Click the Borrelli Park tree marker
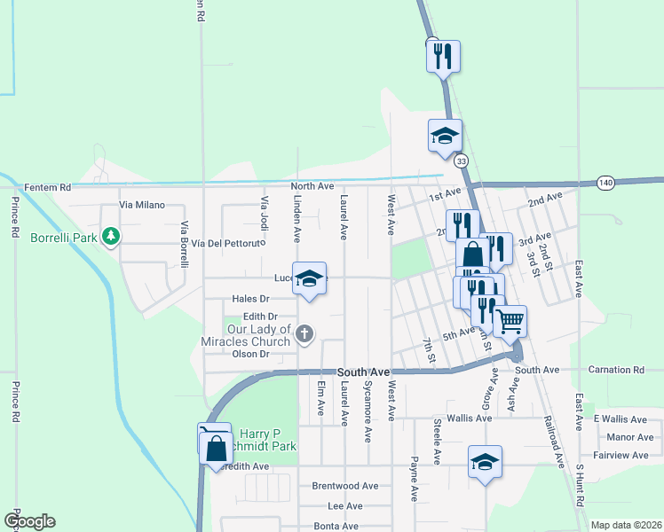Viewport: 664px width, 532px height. pos(110,237)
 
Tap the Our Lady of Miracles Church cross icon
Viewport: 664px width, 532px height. pos(304,334)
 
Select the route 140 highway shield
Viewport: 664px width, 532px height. pos(605,181)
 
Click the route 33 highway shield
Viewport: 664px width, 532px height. pos(461,161)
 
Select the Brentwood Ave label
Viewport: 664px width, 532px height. pos(345,486)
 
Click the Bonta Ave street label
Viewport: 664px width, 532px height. pos(336,526)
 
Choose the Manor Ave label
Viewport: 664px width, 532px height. pos(630,437)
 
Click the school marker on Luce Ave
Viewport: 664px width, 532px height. pos(309,279)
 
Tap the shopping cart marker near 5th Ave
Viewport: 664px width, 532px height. pos(510,322)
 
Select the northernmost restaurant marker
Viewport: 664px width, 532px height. pos(442,57)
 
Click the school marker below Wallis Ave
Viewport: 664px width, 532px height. pos(485,462)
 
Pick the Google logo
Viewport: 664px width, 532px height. pos(28,521)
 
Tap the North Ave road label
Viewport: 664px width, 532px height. pos(312,186)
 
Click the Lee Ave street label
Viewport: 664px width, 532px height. pos(345,506)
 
